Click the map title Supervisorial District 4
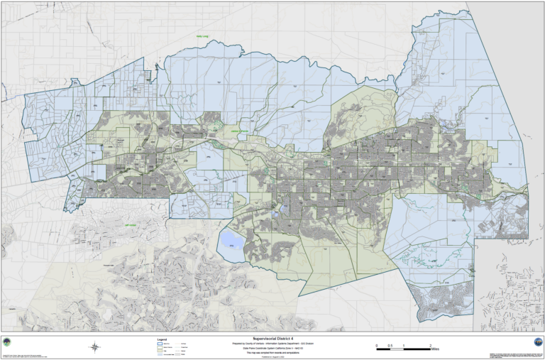[272, 339]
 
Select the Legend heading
[161, 339]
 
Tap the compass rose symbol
[94, 347]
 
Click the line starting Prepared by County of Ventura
[272, 343]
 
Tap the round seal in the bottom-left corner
[7, 342]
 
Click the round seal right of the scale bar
[537, 342]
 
